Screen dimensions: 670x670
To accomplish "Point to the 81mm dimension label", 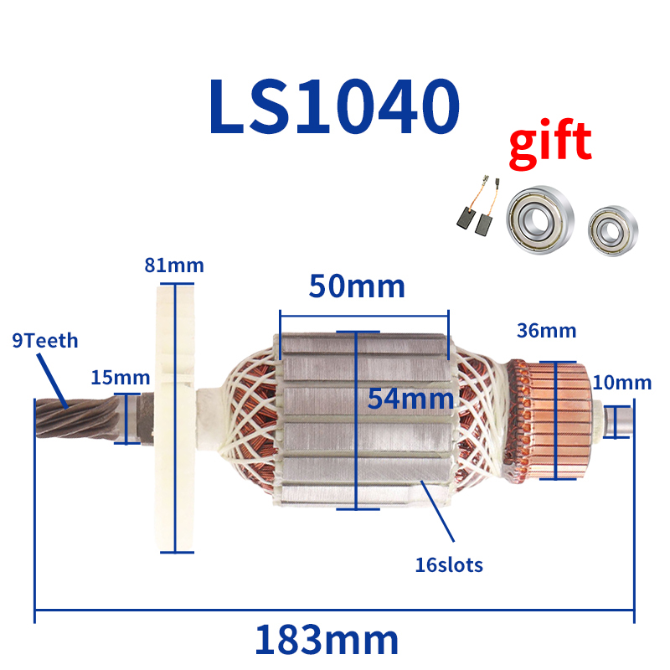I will pos(174,266).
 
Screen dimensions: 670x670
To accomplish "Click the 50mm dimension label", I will pos(357,286).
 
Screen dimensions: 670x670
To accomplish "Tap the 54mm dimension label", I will pos(410,398).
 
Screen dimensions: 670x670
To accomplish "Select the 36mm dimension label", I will pos(546,331).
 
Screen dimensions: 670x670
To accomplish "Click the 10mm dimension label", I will pos(621,383).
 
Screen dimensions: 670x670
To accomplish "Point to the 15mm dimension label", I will pos(115,377).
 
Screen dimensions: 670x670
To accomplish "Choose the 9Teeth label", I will pos(44,341).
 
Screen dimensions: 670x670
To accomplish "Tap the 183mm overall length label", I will pos(327,641).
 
